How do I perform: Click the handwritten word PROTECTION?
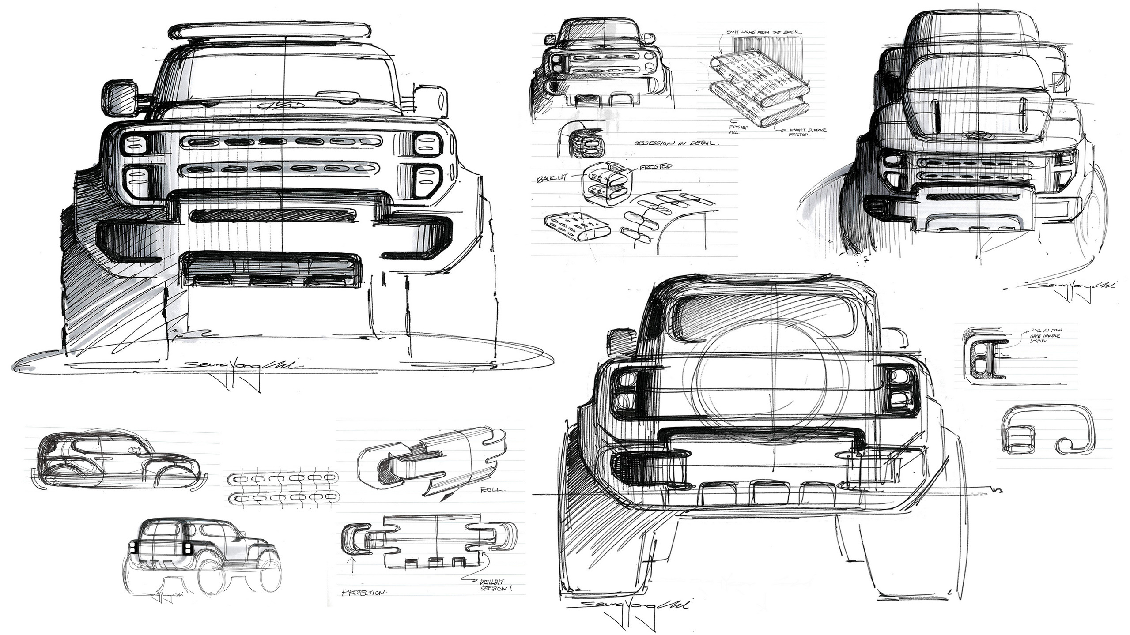(x=364, y=593)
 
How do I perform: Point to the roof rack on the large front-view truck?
(x=269, y=31)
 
